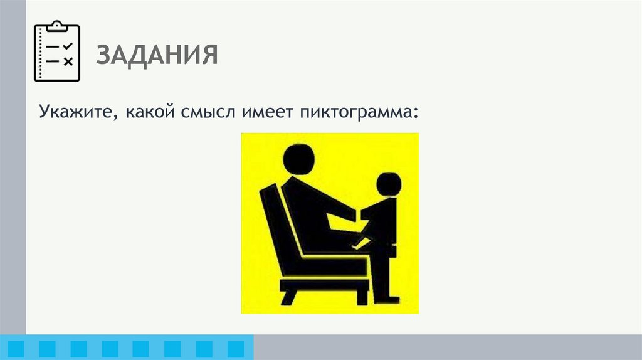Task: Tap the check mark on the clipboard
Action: pos(68,46)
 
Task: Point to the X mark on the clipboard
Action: pos(68,61)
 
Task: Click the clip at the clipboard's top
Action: pos(57,25)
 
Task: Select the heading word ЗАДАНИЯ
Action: pos(157,55)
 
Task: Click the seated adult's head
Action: pos(298,158)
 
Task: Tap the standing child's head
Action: pos(389,184)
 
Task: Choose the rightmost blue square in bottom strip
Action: pos(236,348)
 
